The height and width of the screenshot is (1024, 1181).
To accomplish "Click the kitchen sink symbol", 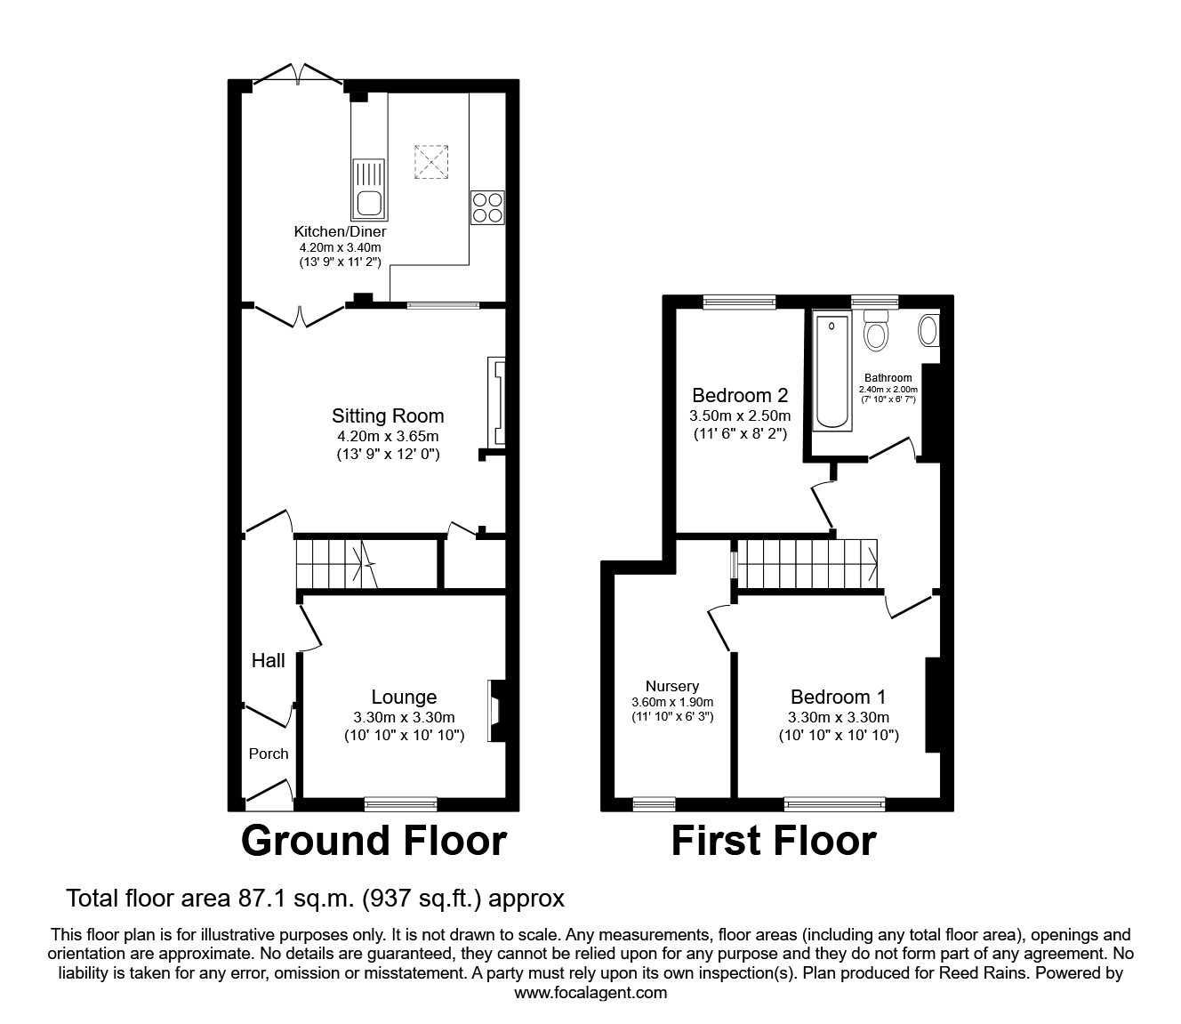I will coord(370,189).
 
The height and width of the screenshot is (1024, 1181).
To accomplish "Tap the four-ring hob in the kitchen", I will coord(487,208).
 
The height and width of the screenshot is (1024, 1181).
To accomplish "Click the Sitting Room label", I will coord(388,415).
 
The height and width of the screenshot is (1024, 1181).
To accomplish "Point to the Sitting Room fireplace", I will coord(495,401).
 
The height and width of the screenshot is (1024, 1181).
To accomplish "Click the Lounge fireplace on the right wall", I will coord(495,711).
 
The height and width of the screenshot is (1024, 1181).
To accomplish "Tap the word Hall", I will coord(268,660).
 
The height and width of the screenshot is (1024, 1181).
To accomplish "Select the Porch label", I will coord(269,754).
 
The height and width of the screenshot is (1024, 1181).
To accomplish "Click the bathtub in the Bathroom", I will coord(833,371).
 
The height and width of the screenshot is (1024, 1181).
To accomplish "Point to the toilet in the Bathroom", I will coord(877,331).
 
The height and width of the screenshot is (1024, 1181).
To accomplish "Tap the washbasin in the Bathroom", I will coord(928,330).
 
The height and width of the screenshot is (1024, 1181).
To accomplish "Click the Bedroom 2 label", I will coord(740,395).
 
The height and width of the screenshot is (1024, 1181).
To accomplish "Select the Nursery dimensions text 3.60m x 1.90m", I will coord(672,702).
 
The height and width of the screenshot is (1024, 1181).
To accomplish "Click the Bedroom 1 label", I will coord(838,697).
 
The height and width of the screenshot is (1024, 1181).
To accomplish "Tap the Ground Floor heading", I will coord(374,841).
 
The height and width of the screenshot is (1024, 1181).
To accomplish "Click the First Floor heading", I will coord(773,841).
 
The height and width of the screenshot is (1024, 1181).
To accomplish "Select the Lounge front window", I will coord(401,804).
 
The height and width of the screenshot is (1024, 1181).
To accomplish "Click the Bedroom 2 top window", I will coord(738,302).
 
